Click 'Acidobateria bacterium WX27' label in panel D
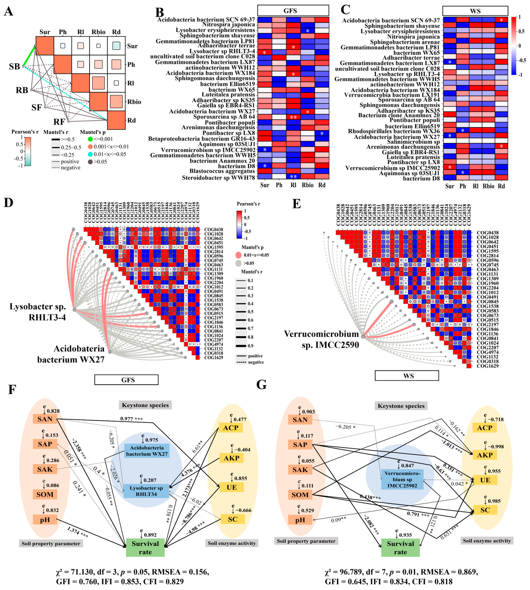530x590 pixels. point(71,354)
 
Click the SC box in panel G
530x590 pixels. point(485,510)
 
